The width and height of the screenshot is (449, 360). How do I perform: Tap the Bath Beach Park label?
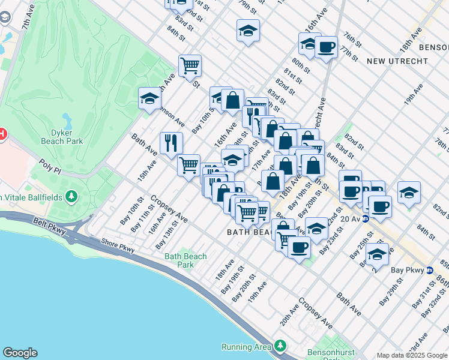point(186,260)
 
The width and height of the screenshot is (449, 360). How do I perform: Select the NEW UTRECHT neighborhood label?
point(397,61)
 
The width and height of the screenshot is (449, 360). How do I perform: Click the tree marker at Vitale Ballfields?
point(72,196)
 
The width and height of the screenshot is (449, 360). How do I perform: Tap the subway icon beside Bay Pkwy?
point(430,270)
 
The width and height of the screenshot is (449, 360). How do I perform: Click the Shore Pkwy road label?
point(118,243)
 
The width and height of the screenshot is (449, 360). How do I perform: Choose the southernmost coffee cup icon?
point(299,246)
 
